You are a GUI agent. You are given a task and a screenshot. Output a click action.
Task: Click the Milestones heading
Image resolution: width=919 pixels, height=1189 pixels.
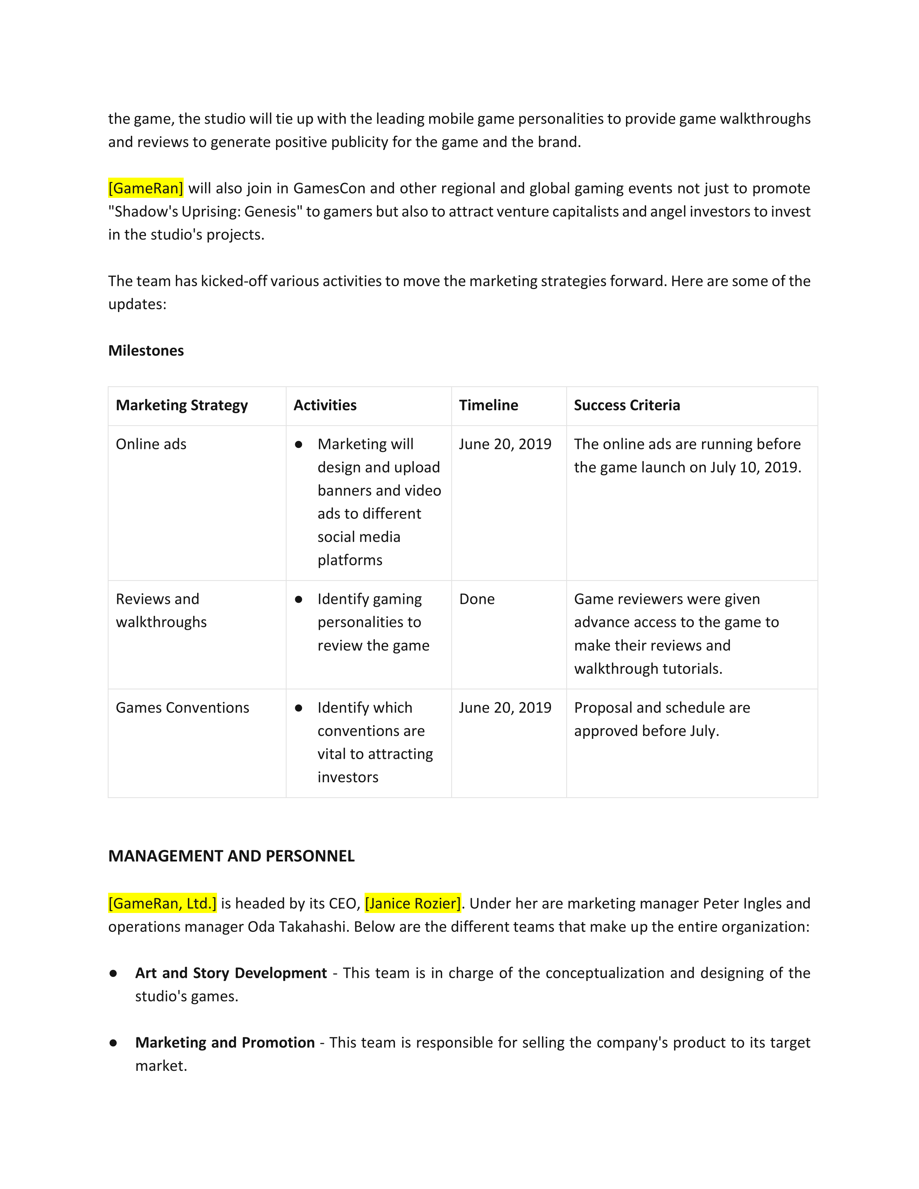pyautogui.click(x=146, y=351)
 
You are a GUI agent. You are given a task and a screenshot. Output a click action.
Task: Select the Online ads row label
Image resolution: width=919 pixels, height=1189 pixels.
pyautogui.click(x=151, y=444)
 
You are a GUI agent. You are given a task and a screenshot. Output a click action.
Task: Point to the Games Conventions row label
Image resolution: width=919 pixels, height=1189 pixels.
pyautogui.click(x=182, y=708)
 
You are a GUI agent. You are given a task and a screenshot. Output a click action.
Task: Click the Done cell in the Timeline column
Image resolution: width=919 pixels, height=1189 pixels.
pyautogui.click(x=477, y=600)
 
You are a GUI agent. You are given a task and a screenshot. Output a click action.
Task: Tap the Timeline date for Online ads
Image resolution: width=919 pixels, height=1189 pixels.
pyautogui.click(x=505, y=444)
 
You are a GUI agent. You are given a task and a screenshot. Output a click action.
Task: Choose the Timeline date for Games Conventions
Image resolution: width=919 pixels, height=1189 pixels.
pyautogui.click(x=505, y=708)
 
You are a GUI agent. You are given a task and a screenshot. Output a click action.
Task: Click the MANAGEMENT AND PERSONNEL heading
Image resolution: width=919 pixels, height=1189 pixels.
pyautogui.click(x=231, y=856)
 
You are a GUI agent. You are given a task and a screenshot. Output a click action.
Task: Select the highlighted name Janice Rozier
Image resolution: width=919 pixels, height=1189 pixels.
pyautogui.click(x=413, y=904)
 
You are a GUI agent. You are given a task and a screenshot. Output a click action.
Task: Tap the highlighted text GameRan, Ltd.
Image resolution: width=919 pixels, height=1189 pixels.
pyautogui.click(x=162, y=904)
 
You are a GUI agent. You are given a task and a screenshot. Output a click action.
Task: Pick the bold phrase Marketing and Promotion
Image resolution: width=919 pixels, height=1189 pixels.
pyautogui.click(x=225, y=1043)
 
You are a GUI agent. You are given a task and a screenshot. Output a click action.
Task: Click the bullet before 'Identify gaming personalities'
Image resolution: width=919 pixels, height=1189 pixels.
pyautogui.click(x=298, y=600)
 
